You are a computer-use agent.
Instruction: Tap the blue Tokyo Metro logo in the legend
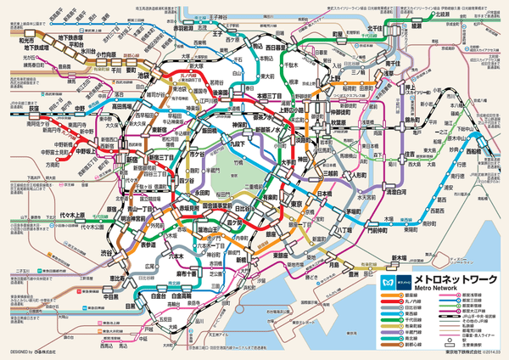[389, 279]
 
